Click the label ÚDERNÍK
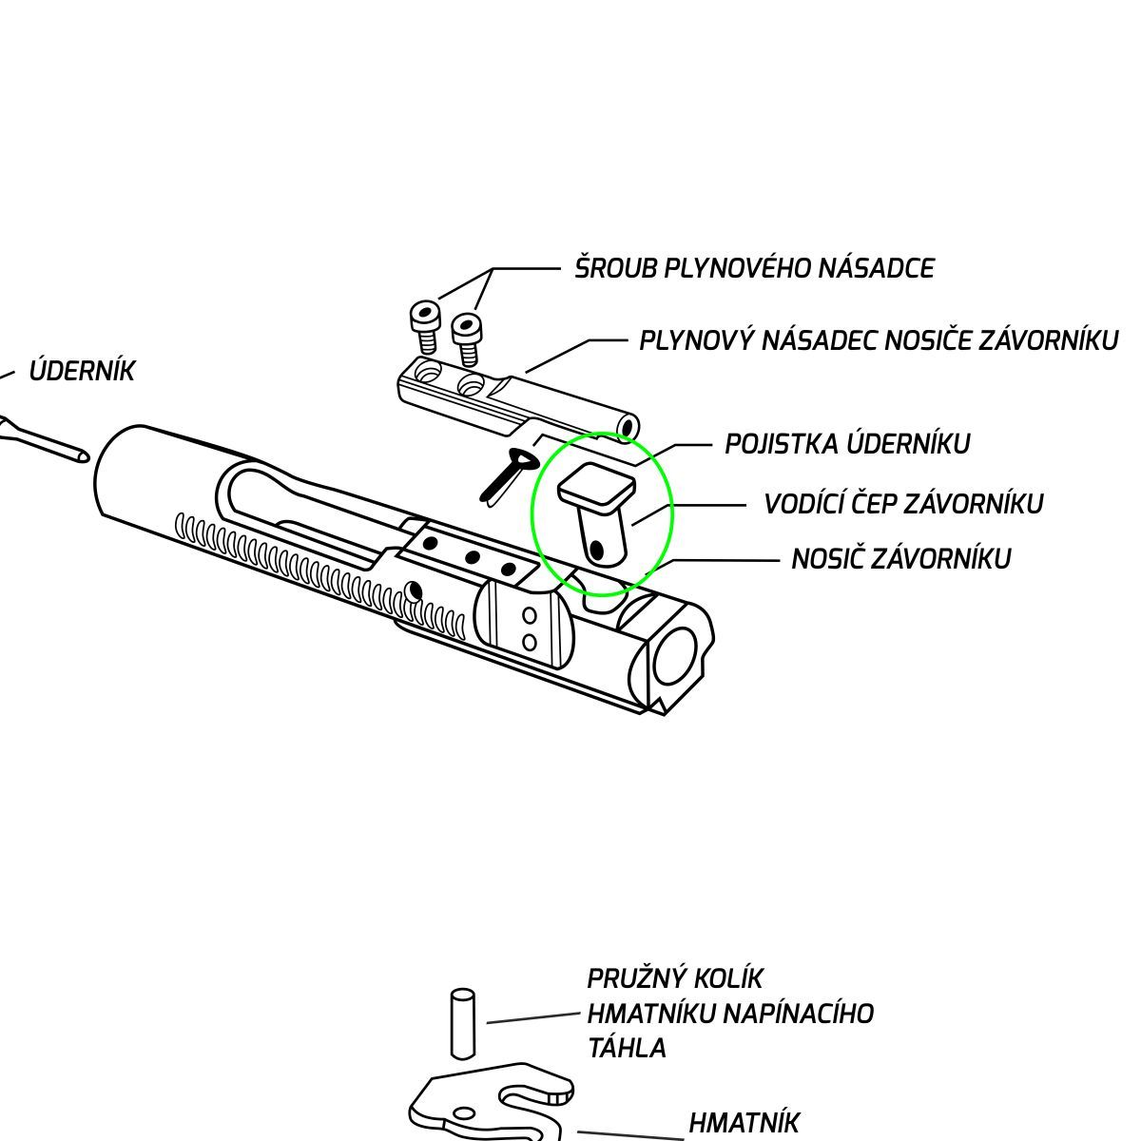tap(82, 371)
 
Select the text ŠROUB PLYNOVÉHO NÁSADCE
tap(754, 268)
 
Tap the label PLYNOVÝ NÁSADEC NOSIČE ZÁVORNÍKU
tap(879, 340)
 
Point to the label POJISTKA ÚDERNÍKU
tap(847, 444)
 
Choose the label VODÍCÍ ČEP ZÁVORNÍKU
tap(903, 503)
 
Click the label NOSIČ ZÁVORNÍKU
tap(900, 558)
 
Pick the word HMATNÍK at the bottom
tap(745, 1123)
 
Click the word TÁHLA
tap(627, 1048)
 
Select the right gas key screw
tap(467, 337)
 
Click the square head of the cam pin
tap(596, 486)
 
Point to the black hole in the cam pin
tap(596, 550)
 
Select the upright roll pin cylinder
tap(462, 1023)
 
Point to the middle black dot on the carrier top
tap(472, 556)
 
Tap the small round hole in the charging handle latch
tap(464, 1112)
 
